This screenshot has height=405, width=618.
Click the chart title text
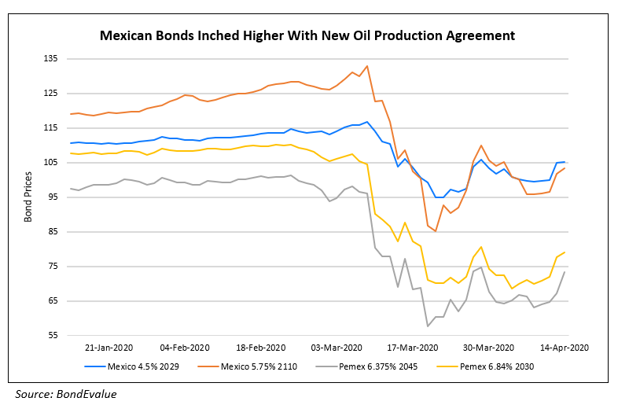pyautogui.click(x=307, y=35)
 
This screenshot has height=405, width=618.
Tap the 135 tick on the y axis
pyautogui.click(x=51, y=59)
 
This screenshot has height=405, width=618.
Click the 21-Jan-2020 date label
pyautogui.click(x=109, y=347)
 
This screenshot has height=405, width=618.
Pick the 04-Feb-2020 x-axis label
pyautogui.click(x=184, y=347)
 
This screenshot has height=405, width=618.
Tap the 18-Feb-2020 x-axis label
pyautogui.click(x=260, y=347)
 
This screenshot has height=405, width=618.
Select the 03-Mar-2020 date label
pyautogui.click(x=336, y=347)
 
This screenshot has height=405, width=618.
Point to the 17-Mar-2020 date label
pyautogui.click(x=412, y=347)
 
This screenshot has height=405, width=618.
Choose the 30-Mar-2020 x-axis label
pyautogui.click(x=488, y=347)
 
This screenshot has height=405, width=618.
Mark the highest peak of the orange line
pyautogui.click(x=367, y=66)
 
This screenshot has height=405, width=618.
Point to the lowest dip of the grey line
pyautogui.click(x=428, y=326)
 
